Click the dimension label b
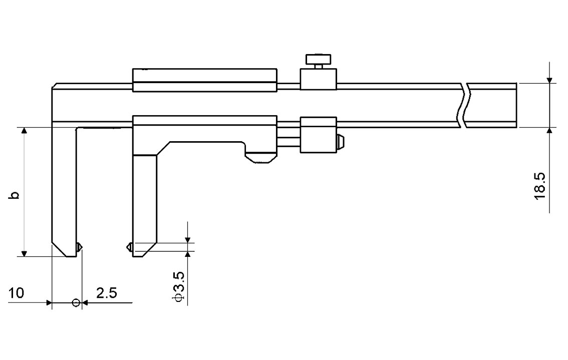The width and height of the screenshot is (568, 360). (x=16, y=195)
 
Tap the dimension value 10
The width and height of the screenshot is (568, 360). (x=16, y=293)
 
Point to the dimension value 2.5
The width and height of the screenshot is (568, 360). (x=106, y=293)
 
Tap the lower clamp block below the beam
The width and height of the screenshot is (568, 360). (x=318, y=135)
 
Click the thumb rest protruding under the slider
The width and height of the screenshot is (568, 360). (x=260, y=156)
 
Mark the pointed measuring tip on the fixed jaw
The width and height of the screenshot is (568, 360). (x=79, y=247)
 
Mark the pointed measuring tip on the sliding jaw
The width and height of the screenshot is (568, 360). (x=129, y=246)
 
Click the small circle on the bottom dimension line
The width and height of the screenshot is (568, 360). (x=76, y=302)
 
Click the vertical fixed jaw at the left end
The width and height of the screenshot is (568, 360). (x=64, y=190)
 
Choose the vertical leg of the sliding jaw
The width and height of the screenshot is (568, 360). (x=145, y=200)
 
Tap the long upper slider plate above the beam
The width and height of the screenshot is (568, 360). (x=204, y=80)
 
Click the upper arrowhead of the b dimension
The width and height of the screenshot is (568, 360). (x=24, y=131)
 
